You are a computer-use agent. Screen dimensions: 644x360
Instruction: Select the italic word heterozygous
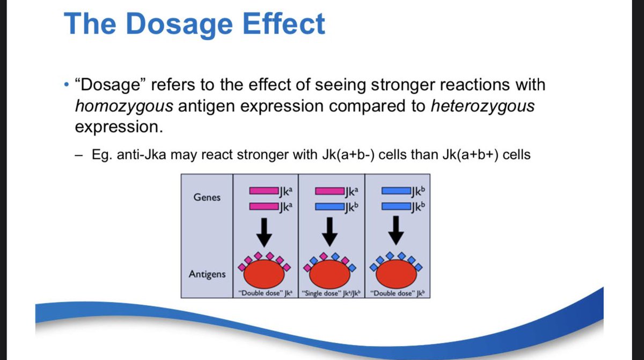tap(482, 106)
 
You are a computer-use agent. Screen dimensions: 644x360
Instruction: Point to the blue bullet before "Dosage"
tap(65, 86)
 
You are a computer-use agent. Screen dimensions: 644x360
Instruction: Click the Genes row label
tap(207, 197)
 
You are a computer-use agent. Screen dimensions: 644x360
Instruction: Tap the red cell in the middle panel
tap(331, 274)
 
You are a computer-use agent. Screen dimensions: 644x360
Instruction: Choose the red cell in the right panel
tap(397, 274)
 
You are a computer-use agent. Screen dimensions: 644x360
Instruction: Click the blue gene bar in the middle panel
tap(328, 206)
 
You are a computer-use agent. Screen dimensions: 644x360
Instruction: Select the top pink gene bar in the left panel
tap(262, 190)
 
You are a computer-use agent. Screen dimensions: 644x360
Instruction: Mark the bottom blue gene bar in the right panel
tap(394, 206)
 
